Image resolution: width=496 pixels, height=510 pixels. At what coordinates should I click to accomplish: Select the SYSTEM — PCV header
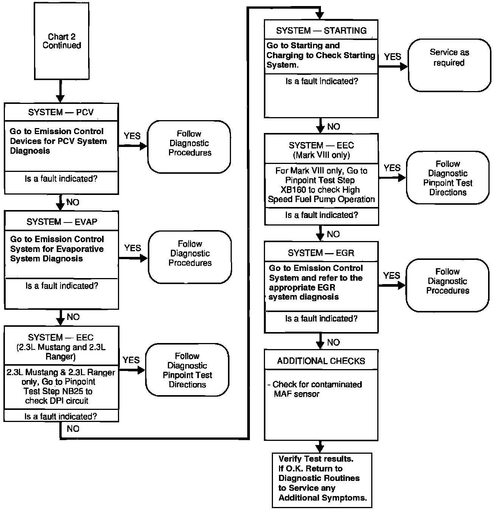pos(61,112)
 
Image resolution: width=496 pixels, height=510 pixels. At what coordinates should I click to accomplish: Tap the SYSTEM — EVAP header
pos(62,222)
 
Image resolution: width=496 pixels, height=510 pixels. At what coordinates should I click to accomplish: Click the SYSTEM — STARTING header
pos(321,31)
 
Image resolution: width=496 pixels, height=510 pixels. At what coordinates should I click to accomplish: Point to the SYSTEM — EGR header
pos(321,253)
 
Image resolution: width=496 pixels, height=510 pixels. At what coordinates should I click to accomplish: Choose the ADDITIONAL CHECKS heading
pos(321,361)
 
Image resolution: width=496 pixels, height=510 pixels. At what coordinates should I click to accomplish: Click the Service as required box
pos(449,65)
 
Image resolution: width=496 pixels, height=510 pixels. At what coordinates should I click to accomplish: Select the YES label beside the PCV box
pos(132,136)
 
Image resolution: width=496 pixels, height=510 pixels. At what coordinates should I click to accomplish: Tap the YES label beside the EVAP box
pos(132,248)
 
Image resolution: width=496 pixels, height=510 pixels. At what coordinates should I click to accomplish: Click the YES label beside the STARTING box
pos(392,57)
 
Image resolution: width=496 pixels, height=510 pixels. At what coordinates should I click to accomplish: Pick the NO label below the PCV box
pos(73,202)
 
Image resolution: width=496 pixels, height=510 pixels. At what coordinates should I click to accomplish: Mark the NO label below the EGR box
pos(333,342)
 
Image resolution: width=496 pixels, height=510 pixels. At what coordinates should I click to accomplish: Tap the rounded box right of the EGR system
pos(447,285)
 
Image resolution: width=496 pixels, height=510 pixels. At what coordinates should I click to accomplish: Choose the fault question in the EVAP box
pos(62,286)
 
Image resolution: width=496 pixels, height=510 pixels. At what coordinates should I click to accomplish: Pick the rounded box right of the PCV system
pos(189,147)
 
